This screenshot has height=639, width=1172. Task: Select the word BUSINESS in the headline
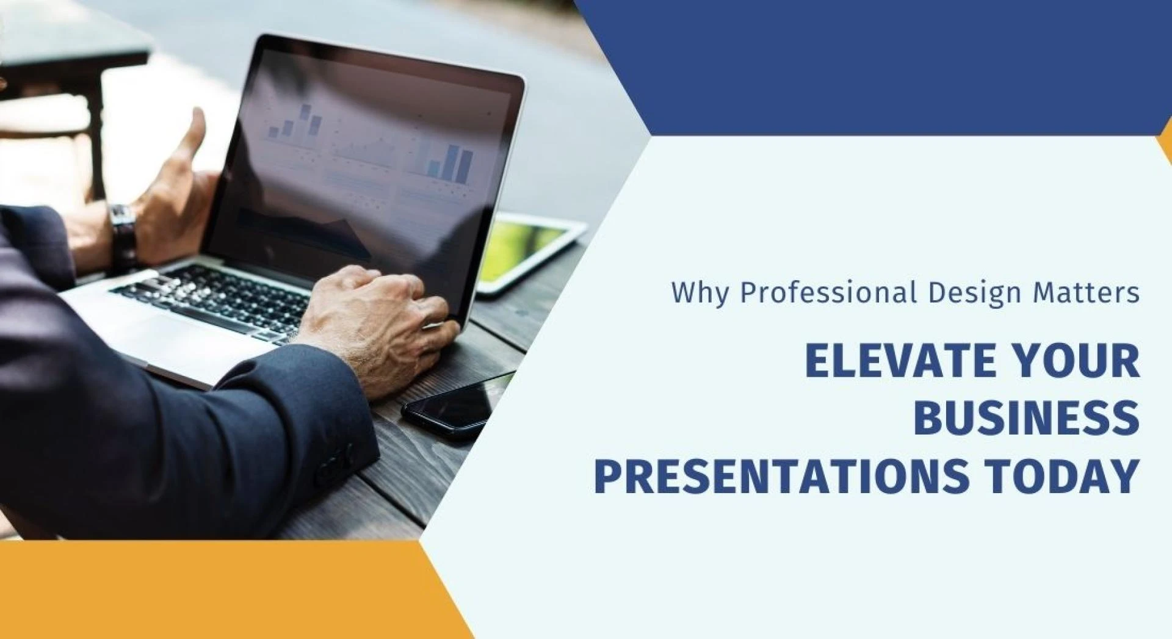1027,418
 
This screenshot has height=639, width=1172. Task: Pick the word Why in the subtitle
700,293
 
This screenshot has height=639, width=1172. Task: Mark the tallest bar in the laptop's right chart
453,162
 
